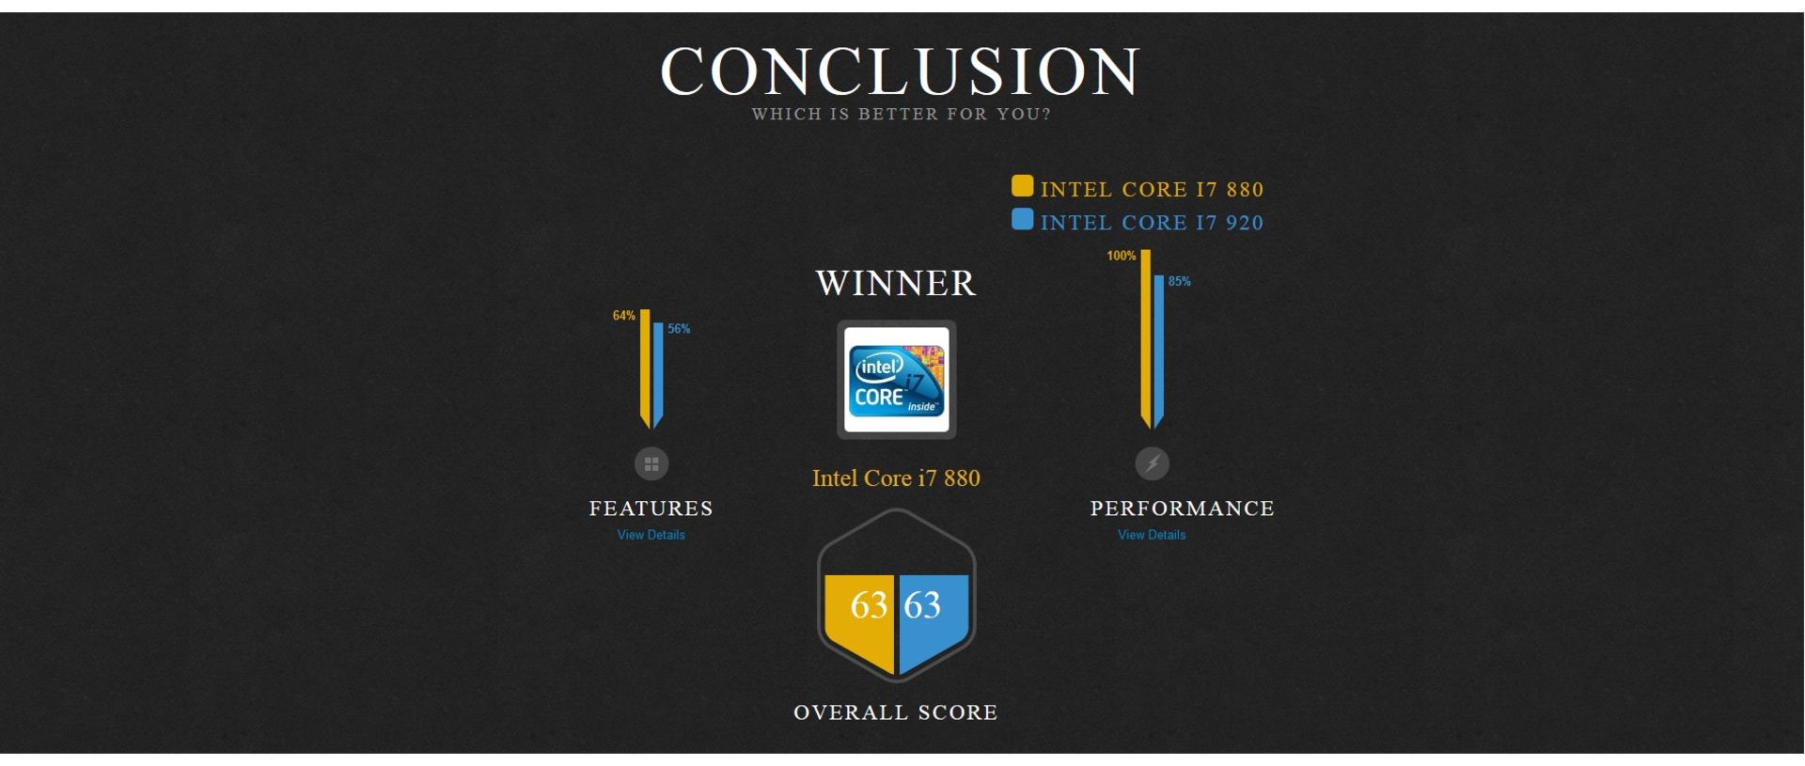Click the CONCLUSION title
click(901, 70)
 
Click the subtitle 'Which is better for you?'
click(901, 115)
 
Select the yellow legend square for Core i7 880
click(1022, 186)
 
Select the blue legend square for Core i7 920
click(1022, 220)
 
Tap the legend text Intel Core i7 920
click(1152, 223)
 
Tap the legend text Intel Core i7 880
click(1152, 190)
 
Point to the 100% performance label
click(1122, 256)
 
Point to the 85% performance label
click(1180, 281)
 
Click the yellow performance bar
click(1146, 338)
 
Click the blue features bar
click(658, 375)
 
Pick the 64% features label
click(624, 316)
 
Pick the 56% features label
click(679, 329)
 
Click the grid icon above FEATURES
click(651, 463)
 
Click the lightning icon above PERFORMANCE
click(1153, 463)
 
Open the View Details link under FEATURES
click(651, 535)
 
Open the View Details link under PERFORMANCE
click(1152, 535)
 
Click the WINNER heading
click(896, 283)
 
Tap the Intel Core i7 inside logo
click(897, 380)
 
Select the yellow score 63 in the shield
click(869, 605)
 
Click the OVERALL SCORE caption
click(896, 712)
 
